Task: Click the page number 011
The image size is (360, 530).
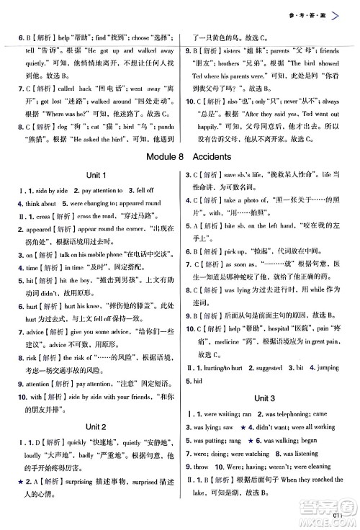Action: tap(338, 516)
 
